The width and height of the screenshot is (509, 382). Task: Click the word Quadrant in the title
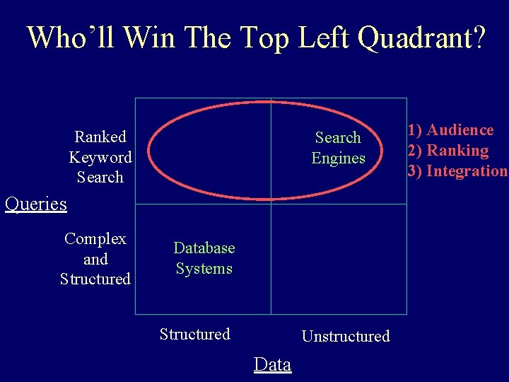click(x=421, y=38)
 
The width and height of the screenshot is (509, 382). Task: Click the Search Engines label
click(x=338, y=148)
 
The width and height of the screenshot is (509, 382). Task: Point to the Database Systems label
click(x=204, y=258)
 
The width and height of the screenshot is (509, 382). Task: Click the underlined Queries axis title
click(x=35, y=204)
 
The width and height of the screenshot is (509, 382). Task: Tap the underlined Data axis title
click(x=272, y=365)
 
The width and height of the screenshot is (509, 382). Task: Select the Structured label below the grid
click(x=195, y=334)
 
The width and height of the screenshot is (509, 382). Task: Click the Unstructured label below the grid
click(x=346, y=336)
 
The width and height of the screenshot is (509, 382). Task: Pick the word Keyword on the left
click(x=100, y=157)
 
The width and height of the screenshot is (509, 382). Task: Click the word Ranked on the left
click(x=100, y=137)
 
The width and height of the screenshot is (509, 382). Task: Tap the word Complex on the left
click(x=95, y=239)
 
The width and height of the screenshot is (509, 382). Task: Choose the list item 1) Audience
click(x=450, y=129)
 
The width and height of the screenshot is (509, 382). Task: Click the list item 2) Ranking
click(x=447, y=150)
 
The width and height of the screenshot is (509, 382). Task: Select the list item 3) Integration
click(x=457, y=170)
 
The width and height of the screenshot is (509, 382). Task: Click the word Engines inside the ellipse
click(x=338, y=158)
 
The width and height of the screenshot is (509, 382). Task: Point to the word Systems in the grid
click(x=204, y=269)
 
